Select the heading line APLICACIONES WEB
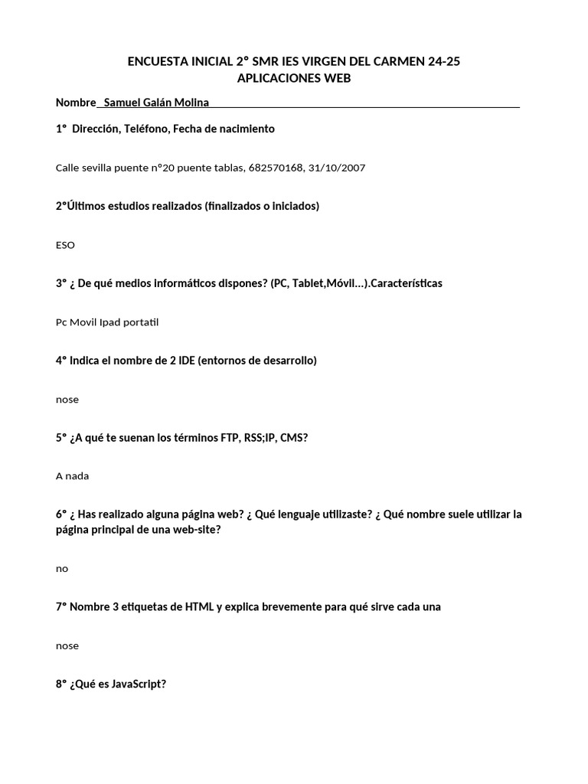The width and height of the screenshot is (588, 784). [x=294, y=79]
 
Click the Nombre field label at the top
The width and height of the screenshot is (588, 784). [x=76, y=103]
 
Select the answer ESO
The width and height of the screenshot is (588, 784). [x=65, y=245]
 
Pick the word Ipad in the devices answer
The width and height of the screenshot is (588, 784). [x=114, y=322]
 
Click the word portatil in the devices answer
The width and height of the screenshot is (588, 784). [x=143, y=322]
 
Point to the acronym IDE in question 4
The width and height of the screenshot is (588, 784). [x=187, y=361]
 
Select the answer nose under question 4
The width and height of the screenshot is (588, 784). [x=67, y=400]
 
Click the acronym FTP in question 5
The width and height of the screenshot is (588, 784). [x=224, y=437]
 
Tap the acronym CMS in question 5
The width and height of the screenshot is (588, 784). [x=292, y=437]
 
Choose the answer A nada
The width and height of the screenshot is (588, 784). [x=72, y=475]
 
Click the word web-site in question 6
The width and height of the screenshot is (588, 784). [x=194, y=530]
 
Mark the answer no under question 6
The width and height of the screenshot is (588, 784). [x=62, y=568]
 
